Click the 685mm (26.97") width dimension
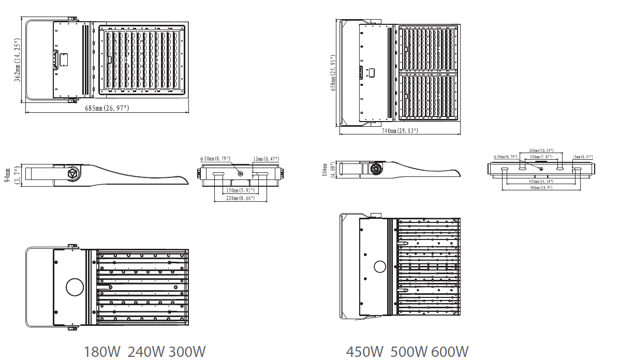pyautogui.click(x=107, y=108)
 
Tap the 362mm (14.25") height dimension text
pyautogui.click(x=18, y=59)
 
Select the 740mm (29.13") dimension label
pyautogui.click(x=400, y=131)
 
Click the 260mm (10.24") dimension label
pyautogui.click(x=541, y=151)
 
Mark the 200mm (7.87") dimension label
pyautogui.click(x=541, y=156)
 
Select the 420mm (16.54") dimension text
pyautogui.click(x=540, y=182)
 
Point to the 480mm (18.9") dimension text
pyautogui.click(x=540, y=188)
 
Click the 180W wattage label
pyautogui.click(x=102, y=352)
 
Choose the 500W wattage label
pyautogui.click(x=408, y=352)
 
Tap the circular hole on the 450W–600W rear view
pyautogui.click(x=380, y=267)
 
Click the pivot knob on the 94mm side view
pyautogui.click(x=72, y=174)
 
